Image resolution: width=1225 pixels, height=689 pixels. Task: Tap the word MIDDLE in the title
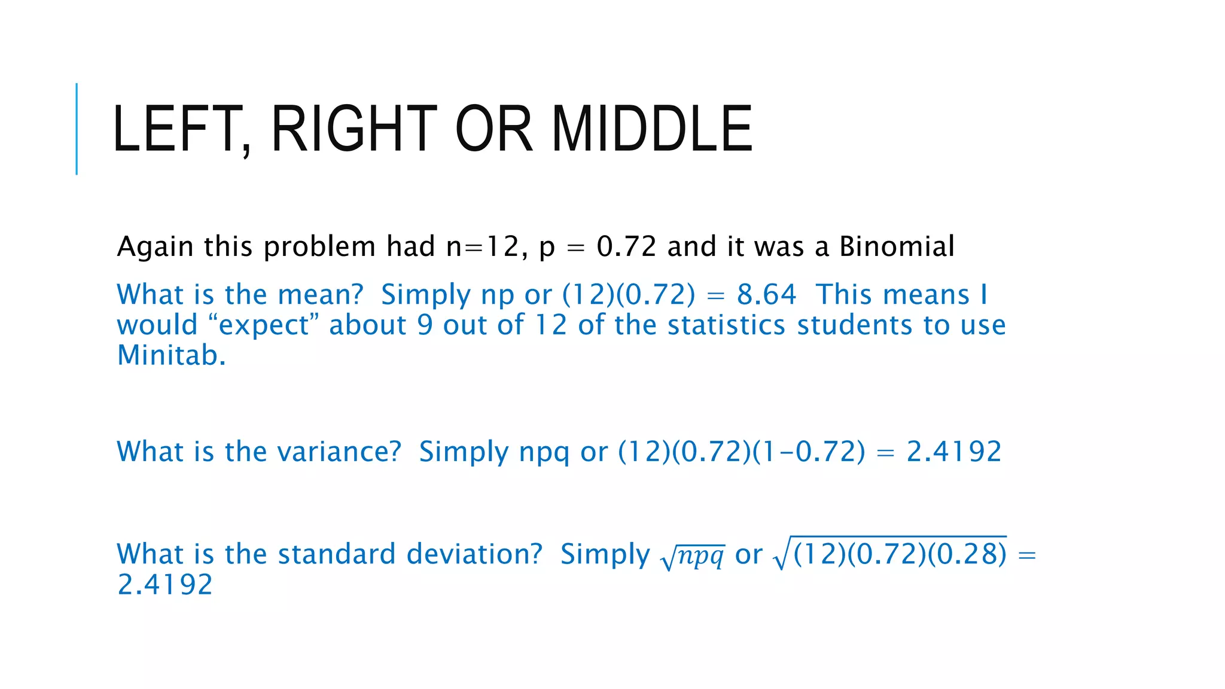651,129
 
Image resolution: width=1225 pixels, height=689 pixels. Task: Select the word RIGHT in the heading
354,129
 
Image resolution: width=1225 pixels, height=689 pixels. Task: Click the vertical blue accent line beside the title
77,129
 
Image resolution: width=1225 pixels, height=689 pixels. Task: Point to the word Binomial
897,246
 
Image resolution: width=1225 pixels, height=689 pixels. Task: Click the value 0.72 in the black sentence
626,246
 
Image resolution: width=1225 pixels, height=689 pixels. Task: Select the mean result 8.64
766,295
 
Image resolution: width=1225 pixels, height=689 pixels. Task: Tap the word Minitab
171,355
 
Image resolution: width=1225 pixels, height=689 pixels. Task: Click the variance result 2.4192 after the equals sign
953,452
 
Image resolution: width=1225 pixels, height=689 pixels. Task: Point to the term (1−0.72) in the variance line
809,452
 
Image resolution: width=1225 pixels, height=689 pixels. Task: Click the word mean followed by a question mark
320,295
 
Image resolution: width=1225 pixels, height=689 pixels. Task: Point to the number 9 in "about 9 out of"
425,325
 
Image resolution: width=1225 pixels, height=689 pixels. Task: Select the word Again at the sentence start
155,246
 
